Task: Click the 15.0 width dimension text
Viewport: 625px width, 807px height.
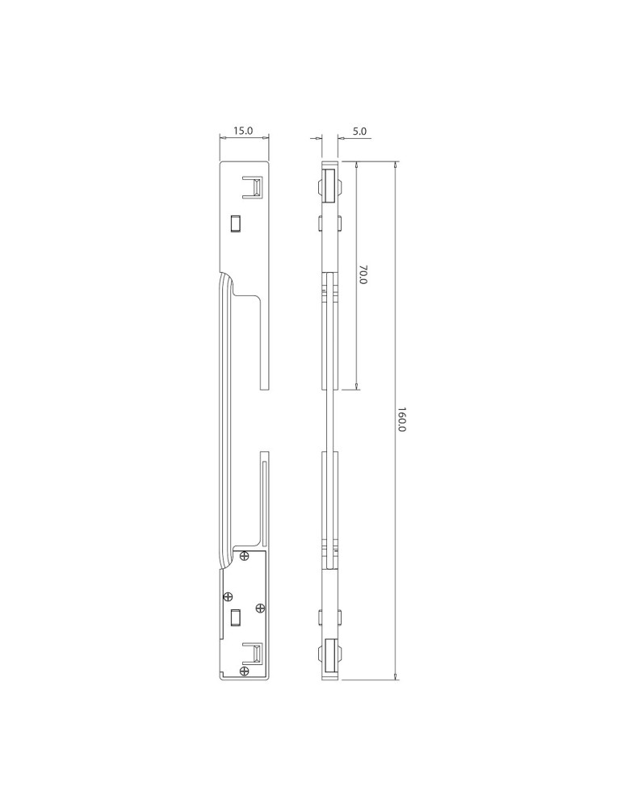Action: click(243, 130)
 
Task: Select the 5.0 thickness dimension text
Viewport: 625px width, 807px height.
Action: click(360, 130)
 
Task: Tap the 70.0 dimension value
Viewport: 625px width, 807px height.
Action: click(363, 276)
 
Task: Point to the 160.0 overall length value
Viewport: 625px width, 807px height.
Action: click(402, 420)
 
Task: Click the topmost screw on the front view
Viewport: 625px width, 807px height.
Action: click(245, 554)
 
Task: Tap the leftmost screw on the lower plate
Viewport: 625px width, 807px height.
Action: click(229, 596)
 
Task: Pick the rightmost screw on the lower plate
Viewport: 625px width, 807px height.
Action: click(259, 607)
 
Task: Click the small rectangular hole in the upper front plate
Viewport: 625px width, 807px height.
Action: click(236, 222)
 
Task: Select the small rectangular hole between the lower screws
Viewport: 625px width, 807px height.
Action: click(236, 617)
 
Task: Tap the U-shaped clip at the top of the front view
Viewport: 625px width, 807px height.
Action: click(253, 187)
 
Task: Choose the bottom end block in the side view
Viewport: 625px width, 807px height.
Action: click(329, 656)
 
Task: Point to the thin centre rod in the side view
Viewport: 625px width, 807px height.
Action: click(329, 420)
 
